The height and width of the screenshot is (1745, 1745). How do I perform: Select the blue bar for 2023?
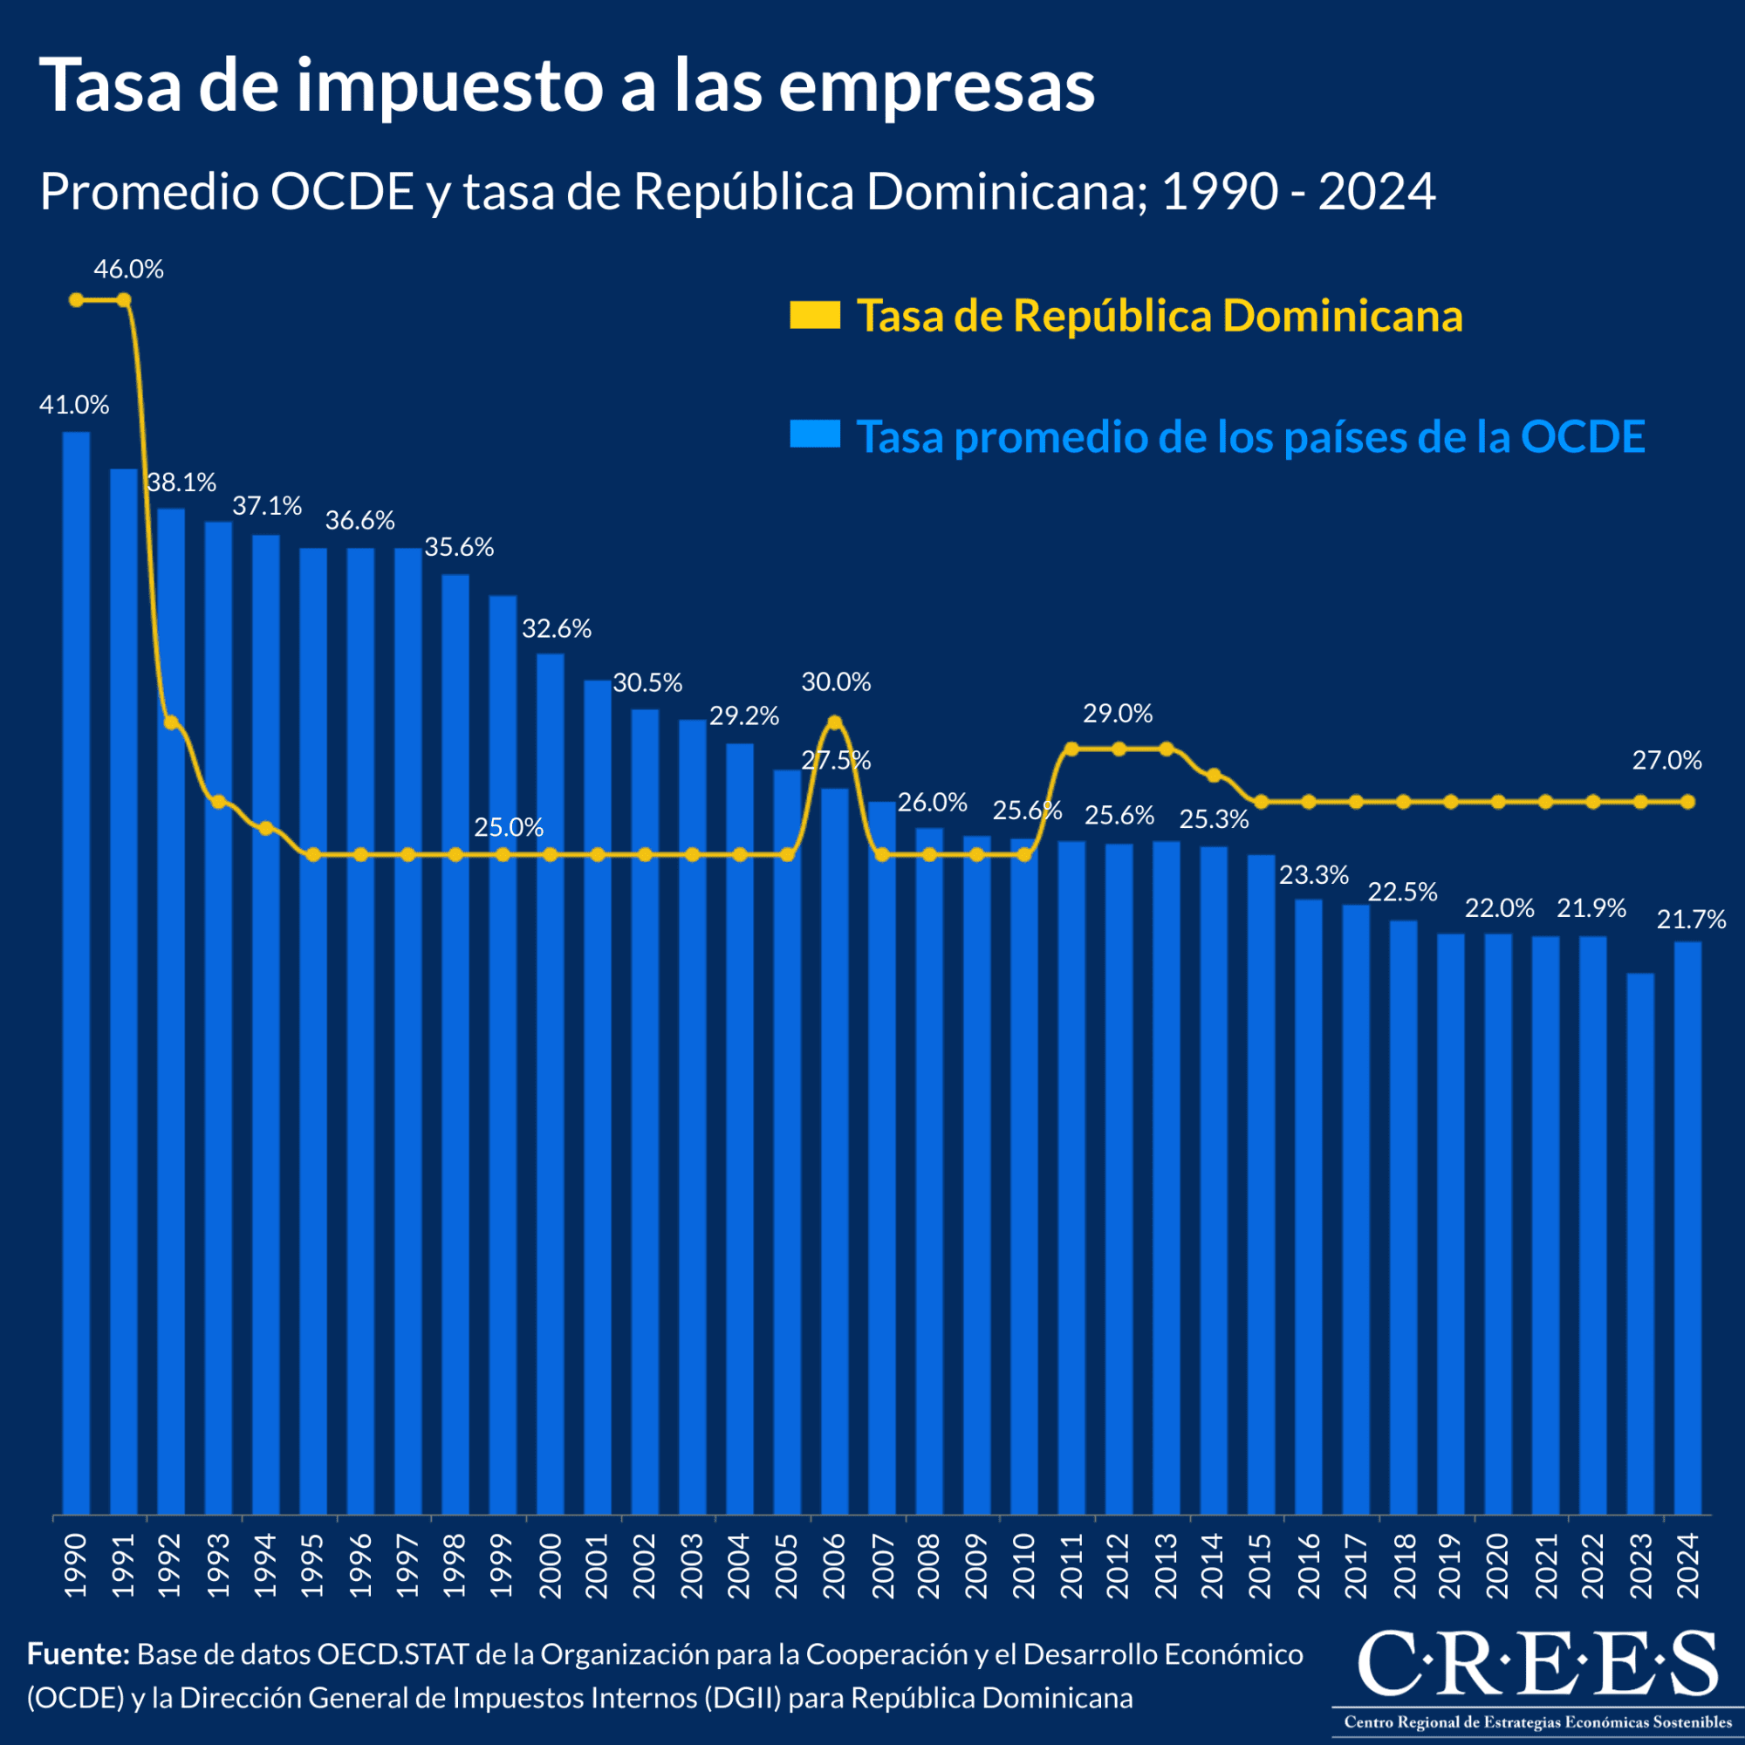point(1640,1247)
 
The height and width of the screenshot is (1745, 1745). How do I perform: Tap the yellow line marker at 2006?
point(835,722)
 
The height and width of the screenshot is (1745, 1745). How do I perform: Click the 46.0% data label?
point(128,269)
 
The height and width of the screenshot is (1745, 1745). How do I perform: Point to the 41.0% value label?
point(74,406)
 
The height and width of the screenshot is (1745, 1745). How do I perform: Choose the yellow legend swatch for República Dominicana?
point(815,315)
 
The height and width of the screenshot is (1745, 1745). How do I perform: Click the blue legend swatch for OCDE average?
point(815,435)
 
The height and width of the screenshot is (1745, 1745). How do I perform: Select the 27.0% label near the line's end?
point(1666,761)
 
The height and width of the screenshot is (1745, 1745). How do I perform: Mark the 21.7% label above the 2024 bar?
point(1691,920)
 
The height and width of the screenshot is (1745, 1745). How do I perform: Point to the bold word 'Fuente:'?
point(79,1653)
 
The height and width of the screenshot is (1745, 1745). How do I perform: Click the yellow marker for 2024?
point(1688,801)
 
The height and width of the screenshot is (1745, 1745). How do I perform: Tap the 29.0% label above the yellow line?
point(1118,714)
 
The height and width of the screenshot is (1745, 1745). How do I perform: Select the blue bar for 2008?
point(929,1174)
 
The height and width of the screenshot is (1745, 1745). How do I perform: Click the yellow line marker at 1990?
point(76,300)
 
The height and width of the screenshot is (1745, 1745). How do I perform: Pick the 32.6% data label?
point(557,628)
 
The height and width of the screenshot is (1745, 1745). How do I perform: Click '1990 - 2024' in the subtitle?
point(1298,191)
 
